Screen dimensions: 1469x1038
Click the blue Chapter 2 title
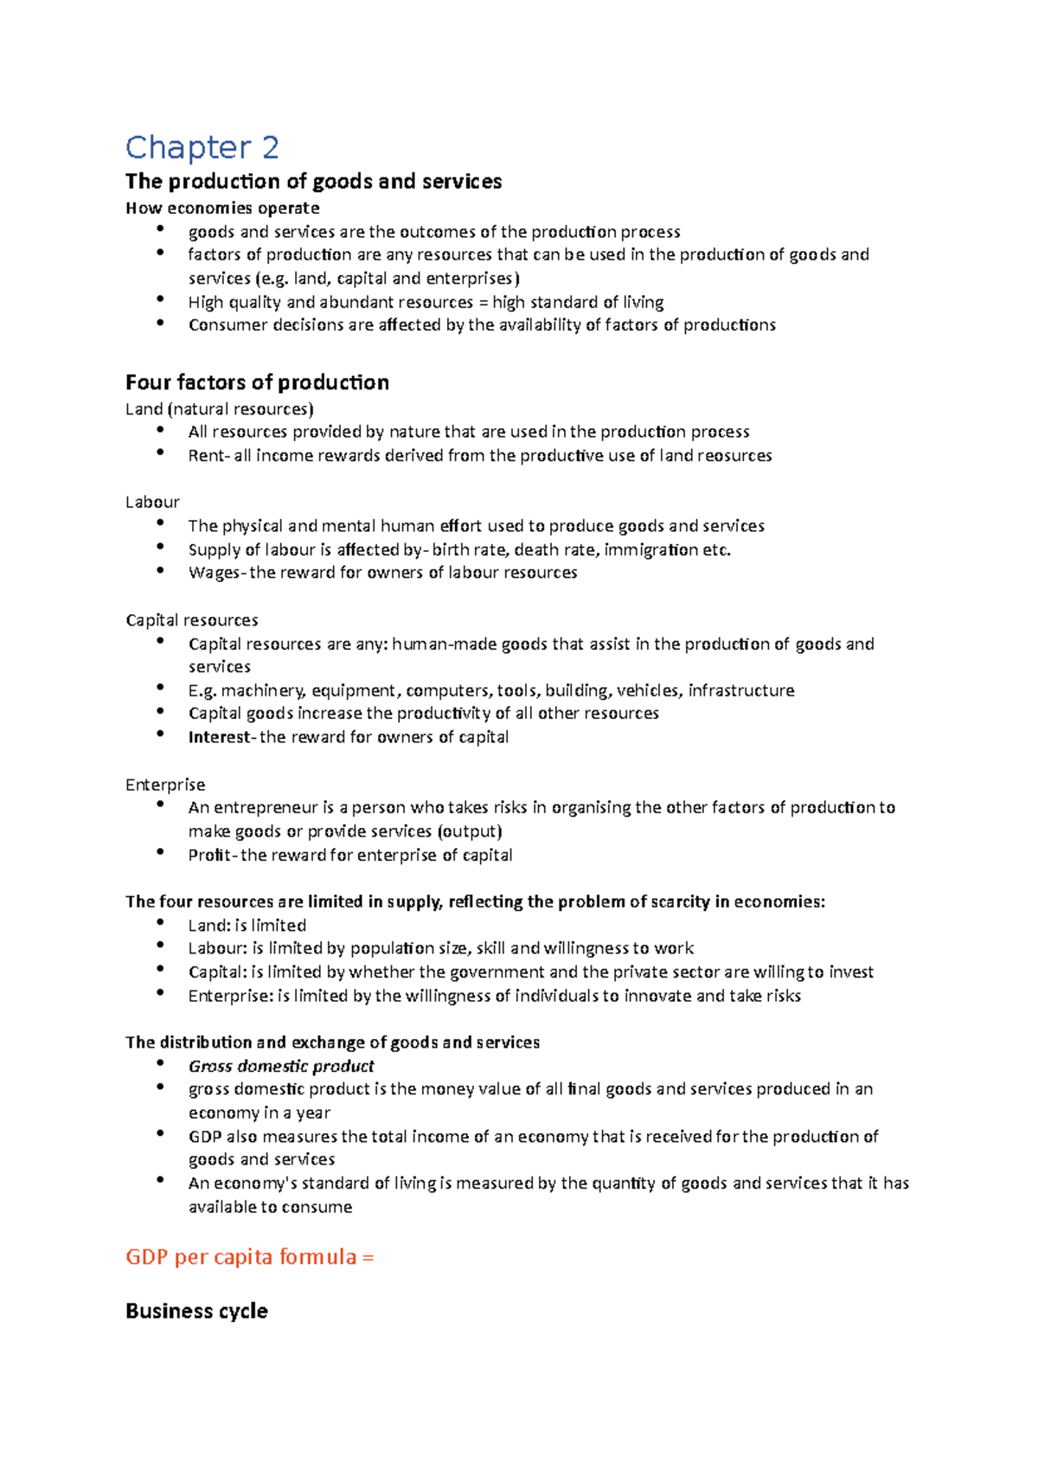(202, 148)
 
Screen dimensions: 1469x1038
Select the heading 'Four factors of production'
(257, 382)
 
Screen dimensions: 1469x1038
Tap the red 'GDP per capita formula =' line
(249, 1256)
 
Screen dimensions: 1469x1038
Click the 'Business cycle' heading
(196, 1311)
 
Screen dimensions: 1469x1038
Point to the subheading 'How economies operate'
(222, 208)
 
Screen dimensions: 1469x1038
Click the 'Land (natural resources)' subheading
(219, 408)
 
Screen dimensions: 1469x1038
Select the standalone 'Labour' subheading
(152, 502)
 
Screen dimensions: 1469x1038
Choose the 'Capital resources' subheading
(191, 619)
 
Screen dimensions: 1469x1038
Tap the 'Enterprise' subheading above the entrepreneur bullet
(165, 784)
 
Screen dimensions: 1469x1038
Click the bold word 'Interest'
(218, 737)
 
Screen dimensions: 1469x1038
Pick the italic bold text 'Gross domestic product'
(281, 1066)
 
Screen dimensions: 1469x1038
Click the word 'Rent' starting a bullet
(205, 456)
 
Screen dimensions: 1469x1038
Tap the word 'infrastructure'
(741, 690)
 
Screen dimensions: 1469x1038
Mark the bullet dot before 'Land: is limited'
(160, 922)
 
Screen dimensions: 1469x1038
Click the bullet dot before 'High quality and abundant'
(160, 298)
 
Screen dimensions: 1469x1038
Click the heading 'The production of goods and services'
(313, 181)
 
